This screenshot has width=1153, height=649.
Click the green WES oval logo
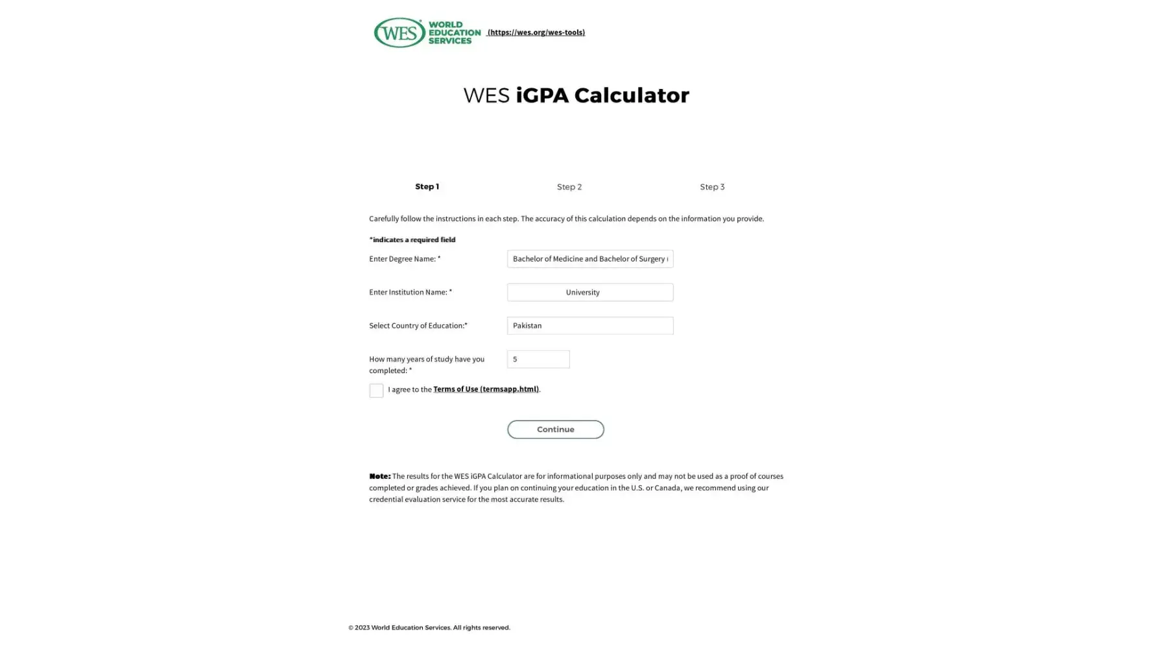pos(399,32)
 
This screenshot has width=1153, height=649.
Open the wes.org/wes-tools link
pos(536,32)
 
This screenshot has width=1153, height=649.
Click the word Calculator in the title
pos(631,95)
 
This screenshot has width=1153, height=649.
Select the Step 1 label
pos(427,187)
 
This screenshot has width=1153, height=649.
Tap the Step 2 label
pos(569,187)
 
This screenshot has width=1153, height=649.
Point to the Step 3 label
pos(711,187)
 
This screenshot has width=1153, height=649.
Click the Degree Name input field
pos(589,259)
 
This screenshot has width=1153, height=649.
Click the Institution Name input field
pos(589,292)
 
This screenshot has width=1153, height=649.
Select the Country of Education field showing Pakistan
pos(589,326)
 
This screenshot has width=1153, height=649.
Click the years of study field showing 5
pos(538,359)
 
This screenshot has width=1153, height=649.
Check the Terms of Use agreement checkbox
pos(376,390)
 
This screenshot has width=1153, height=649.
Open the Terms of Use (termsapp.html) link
pos(486,389)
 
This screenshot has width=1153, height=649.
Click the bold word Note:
pos(379,476)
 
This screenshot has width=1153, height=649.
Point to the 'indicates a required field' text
pos(412,239)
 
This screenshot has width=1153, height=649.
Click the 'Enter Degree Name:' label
pos(404,259)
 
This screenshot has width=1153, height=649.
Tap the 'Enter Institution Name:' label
pos(410,292)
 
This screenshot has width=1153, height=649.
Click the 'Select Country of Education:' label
pos(418,326)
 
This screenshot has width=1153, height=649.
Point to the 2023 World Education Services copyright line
pos(429,628)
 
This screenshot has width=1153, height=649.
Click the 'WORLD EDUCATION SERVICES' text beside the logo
pos(454,32)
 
